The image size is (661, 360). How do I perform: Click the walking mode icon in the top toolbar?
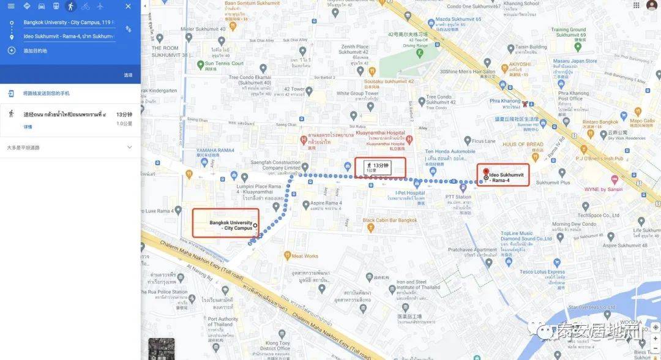(x=71, y=6)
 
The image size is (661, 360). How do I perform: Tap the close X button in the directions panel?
(x=128, y=6)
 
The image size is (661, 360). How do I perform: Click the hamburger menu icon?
(x=11, y=6)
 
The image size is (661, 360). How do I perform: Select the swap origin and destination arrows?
(x=129, y=29)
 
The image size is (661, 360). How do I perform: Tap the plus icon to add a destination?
(x=11, y=50)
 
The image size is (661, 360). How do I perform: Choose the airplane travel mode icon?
(x=100, y=6)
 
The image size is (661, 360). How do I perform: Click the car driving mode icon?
(x=42, y=6)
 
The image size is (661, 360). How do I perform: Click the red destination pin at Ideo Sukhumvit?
(x=485, y=172)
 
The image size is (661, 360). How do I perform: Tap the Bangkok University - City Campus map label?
(x=231, y=225)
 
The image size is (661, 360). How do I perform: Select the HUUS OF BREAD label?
(x=523, y=144)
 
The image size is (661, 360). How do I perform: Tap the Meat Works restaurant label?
(x=304, y=256)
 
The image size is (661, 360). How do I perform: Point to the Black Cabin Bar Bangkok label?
(x=389, y=220)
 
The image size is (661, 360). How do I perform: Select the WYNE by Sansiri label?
(x=604, y=190)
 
